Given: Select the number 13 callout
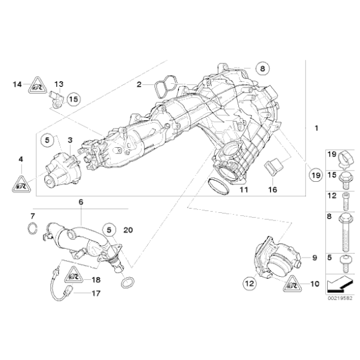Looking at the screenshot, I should [58, 84].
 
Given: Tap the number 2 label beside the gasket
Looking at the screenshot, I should [139, 84].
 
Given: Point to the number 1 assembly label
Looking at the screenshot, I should [316, 128].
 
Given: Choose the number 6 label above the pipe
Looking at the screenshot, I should [81, 202].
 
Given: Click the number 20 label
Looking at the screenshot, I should [128, 230].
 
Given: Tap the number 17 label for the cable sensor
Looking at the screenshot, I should [95, 294].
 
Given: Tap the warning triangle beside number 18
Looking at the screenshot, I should [74, 274].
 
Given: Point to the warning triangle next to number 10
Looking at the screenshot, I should [291, 285].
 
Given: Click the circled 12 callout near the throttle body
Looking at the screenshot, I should [249, 284].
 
